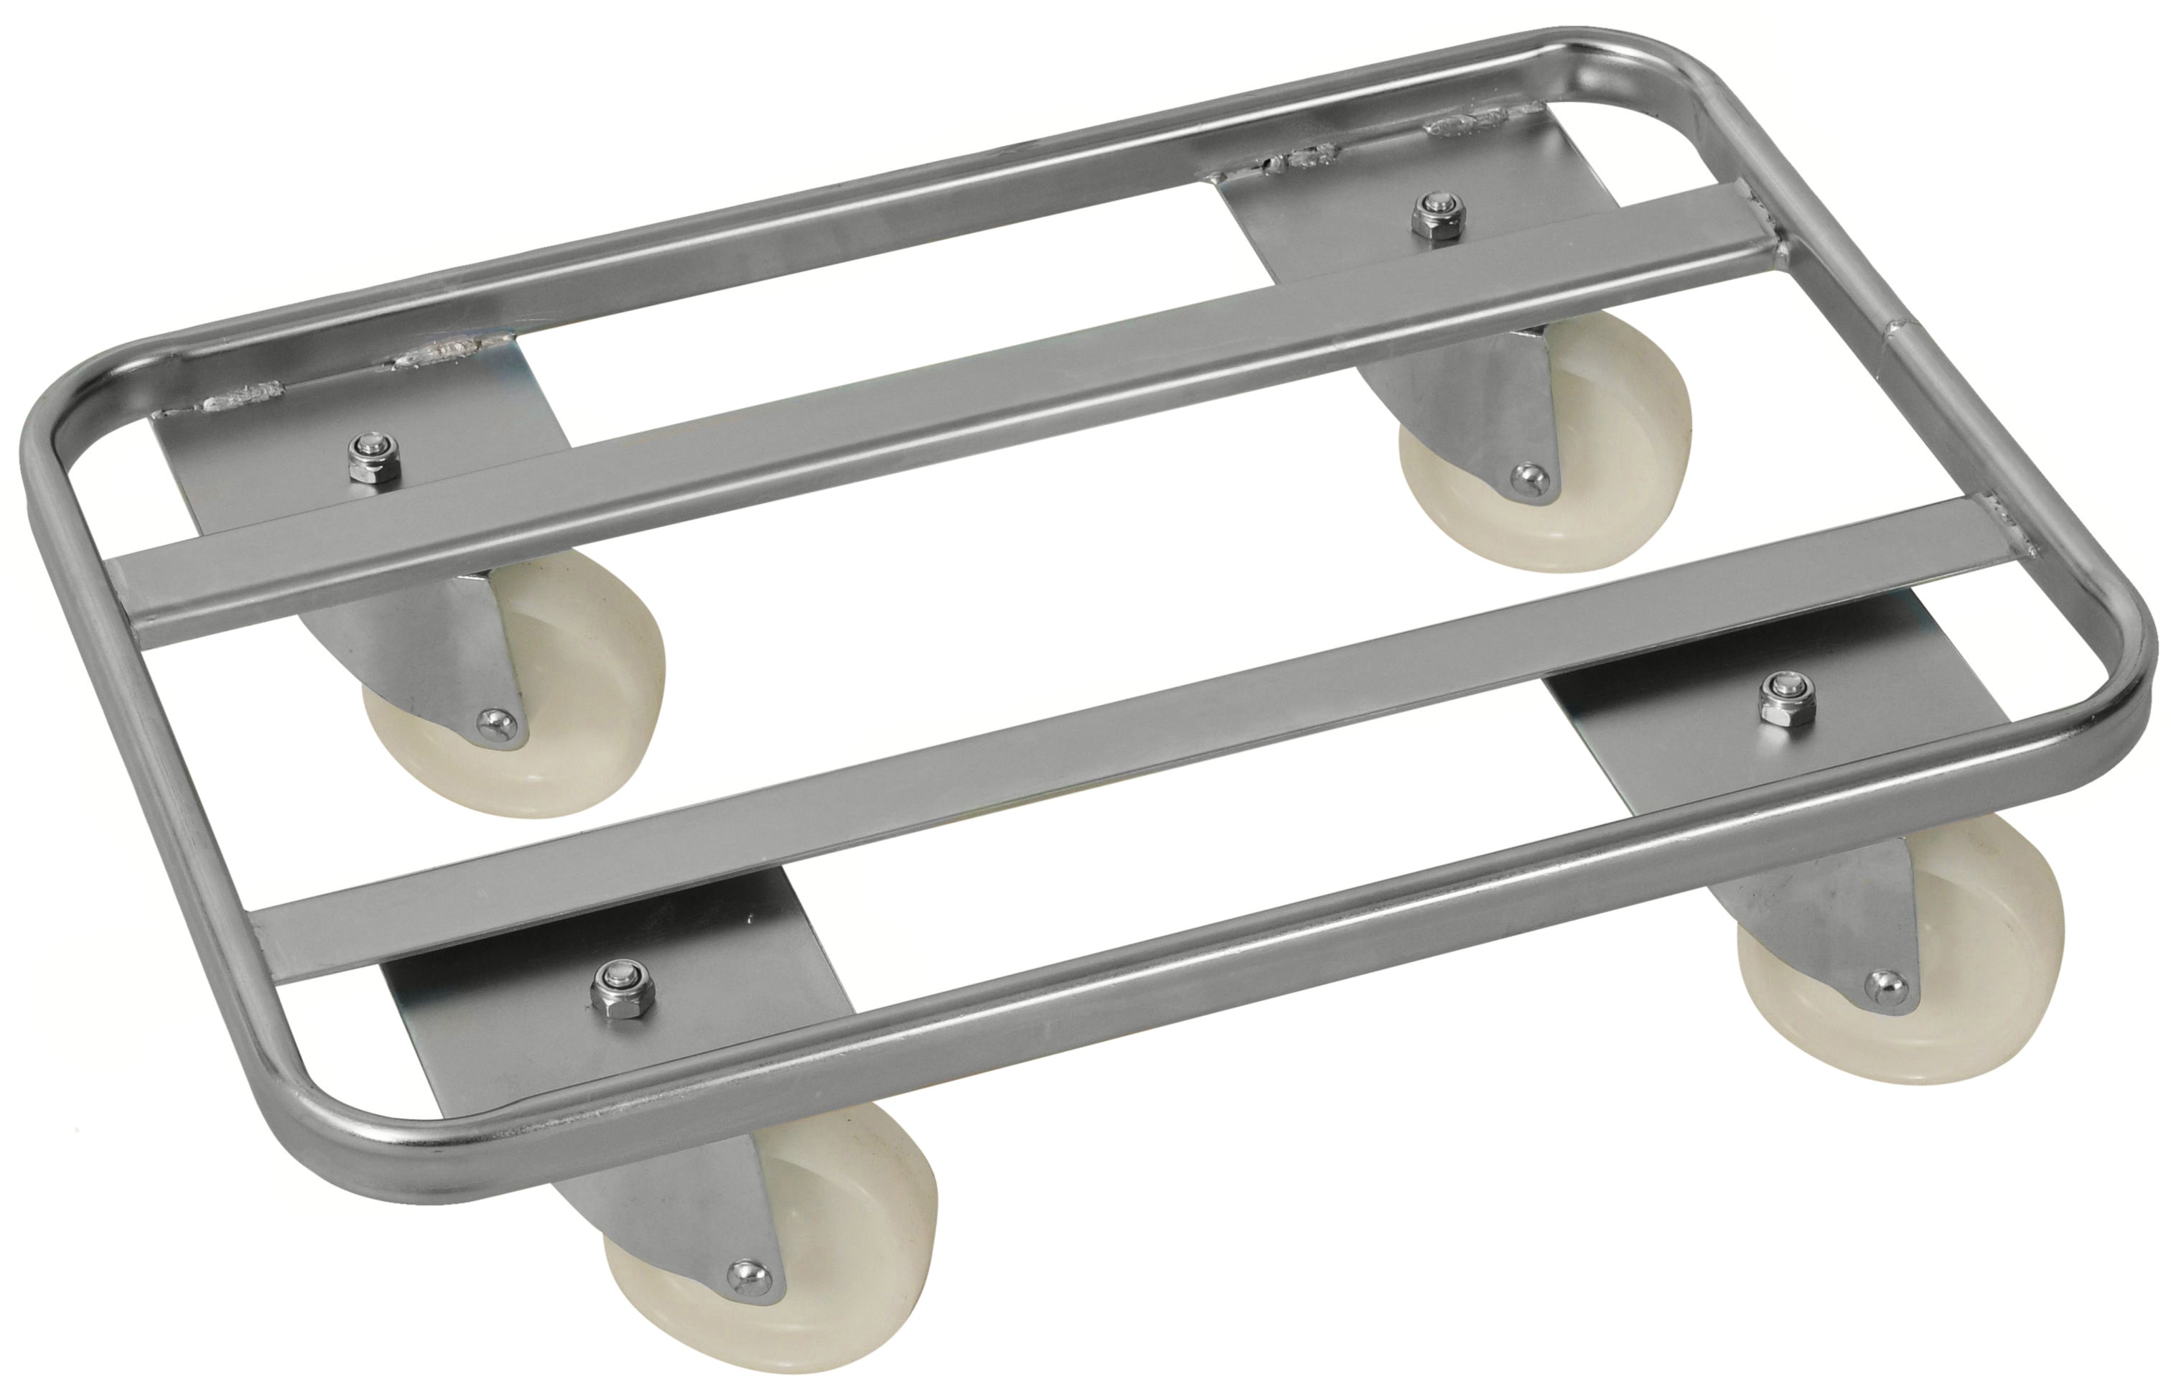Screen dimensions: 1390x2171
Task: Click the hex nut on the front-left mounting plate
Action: tap(622, 991)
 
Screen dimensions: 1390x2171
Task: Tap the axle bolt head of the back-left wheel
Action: tap(495, 723)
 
